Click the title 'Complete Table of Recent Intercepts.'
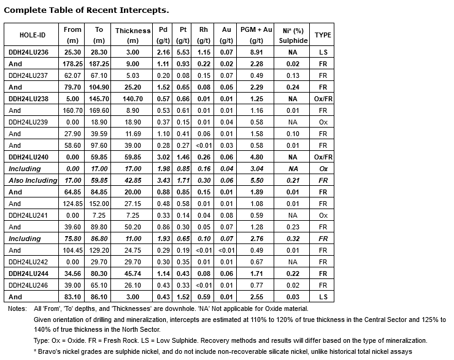(x=87, y=10)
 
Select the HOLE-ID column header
(x=31, y=35)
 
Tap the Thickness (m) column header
(x=133, y=35)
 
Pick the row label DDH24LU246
(x=29, y=285)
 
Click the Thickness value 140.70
(x=133, y=98)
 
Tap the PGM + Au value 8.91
(x=256, y=52)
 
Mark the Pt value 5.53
(x=182, y=52)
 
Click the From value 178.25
(x=72, y=63)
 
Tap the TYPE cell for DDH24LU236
(x=323, y=52)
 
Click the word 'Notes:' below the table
(x=17, y=308)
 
